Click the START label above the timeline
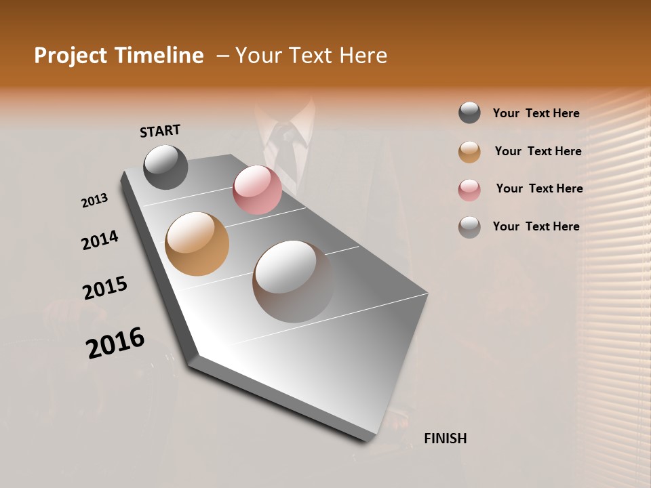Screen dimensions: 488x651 pos(160,131)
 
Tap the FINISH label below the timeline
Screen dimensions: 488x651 pos(445,439)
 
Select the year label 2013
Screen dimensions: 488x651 pos(95,201)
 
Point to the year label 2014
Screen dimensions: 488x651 pos(100,241)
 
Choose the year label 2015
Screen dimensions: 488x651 pos(105,288)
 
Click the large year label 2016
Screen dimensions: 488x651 pos(115,342)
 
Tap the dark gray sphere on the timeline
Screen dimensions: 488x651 pos(165,167)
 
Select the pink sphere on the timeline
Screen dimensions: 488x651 pos(257,190)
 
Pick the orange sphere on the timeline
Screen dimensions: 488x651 pos(197,244)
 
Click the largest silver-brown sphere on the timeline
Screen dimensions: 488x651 pos(293,281)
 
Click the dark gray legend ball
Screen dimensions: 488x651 pos(469,113)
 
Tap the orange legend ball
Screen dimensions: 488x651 pos(469,151)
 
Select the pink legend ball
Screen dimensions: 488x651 pos(469,189)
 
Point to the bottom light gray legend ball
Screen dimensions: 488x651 pos(469,226)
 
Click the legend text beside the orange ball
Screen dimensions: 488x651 pos(538,151)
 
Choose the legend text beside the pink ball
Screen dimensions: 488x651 pos(539,188)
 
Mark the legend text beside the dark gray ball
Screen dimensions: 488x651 pos(536,113)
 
